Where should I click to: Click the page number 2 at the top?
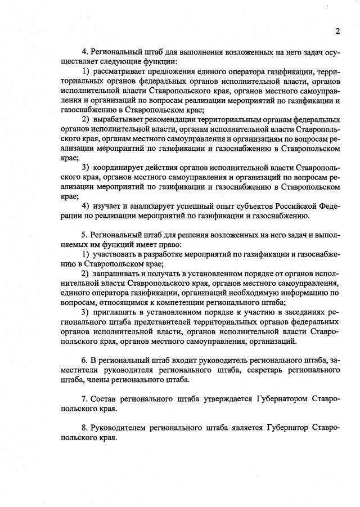337,30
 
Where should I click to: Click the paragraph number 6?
84,360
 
